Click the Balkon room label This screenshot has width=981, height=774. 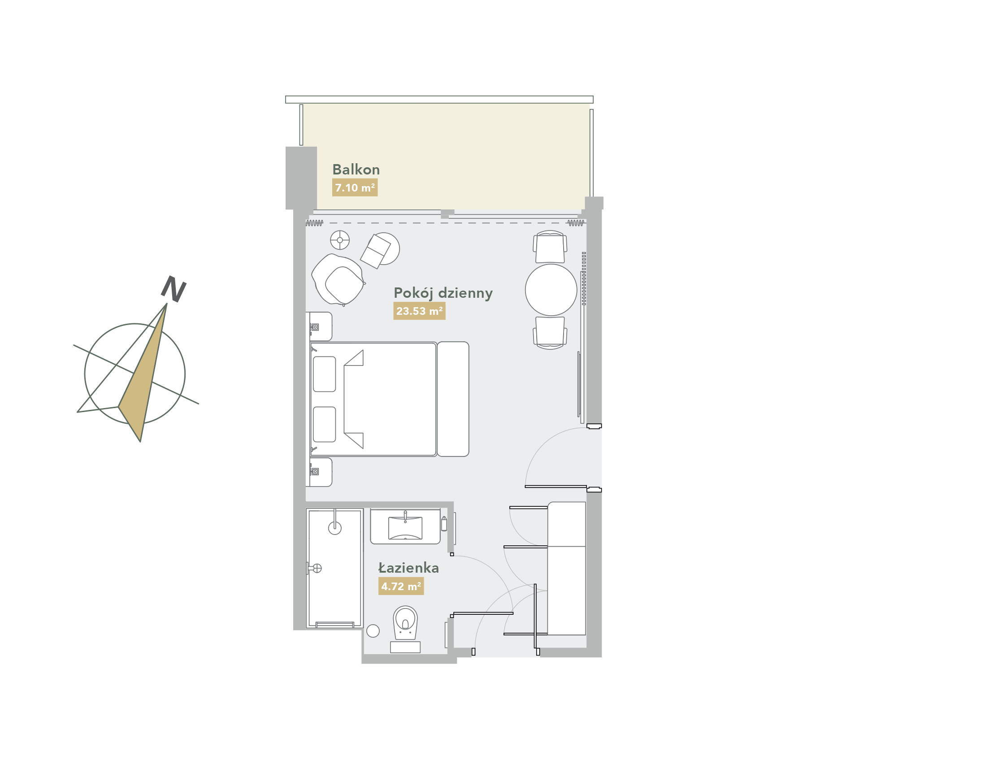pos(356,170)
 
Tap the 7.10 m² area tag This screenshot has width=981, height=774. pos(355,187)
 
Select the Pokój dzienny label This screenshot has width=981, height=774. pos(443,293)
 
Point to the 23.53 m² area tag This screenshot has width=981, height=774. pos(419,311)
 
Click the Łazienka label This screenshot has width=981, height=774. pos(408,568)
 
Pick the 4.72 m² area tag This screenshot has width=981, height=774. pos(401,587)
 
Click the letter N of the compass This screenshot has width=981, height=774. pos(174,289)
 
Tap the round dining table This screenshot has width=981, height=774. pos(551,290)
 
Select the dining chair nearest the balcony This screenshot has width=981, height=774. pos(550,247)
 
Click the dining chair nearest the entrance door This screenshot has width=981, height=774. pos(550,333)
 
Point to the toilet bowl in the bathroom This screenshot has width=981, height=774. pos(405,622)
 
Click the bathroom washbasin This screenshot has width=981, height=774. pos(405,527)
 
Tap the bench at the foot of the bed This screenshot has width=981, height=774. pos(453,399)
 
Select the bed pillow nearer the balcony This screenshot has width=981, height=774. pos(325,374)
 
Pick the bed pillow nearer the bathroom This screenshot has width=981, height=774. pos(325,424)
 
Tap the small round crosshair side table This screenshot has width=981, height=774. pos(340,240)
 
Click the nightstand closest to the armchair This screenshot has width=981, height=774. pos(321,326)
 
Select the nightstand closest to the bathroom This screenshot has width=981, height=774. pos(321,472)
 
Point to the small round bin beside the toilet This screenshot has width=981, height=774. pos(373,631)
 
